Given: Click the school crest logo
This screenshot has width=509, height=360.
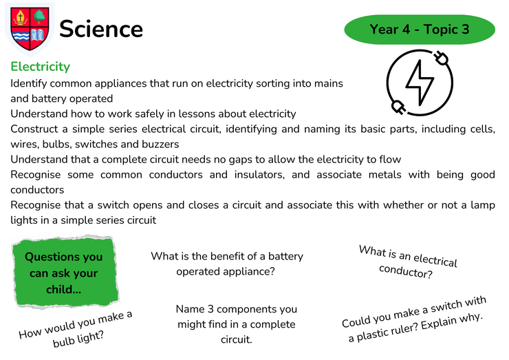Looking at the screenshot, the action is (x=30, y=29).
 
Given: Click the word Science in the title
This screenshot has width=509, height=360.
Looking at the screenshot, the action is (x=101, y=29).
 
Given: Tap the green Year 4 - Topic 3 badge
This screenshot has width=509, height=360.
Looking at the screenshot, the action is (x=420, y=29).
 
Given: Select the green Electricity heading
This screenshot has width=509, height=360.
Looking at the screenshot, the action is (x=41, y=67).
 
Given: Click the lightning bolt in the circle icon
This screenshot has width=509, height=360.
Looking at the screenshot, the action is (x=420, y=83).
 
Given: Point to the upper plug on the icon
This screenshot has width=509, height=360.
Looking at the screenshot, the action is (x=442, y=58).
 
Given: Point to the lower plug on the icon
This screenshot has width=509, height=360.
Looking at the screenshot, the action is (x=398, y=107).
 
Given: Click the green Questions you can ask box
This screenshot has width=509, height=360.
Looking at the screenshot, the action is (x=65, y=272).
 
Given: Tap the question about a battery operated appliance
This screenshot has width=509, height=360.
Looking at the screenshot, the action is (x=226, y=264).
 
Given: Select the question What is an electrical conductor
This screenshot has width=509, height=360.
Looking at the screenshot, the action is (x=407, y=262).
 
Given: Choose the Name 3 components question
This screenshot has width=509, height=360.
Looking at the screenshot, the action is (x=237, y=324).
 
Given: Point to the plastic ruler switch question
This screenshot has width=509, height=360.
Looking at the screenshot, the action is (x=415, y=319).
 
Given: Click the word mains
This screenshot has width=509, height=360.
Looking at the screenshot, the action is (x=328, y=83).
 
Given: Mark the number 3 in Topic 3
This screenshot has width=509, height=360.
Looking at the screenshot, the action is (x=465, y=30).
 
